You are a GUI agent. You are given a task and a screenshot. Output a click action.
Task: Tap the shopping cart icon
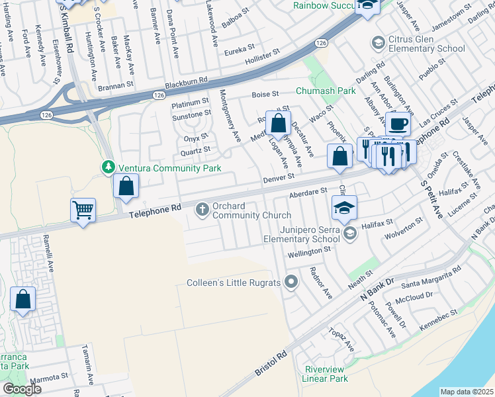[x=83, y=211]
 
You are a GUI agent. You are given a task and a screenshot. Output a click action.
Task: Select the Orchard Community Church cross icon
[x=203, y=210]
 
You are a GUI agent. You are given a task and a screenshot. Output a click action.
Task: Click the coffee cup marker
[x=398, y=124]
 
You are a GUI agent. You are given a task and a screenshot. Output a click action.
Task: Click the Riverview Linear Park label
[x=325, y=374]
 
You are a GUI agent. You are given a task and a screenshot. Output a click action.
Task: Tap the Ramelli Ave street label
[x=50, y=257]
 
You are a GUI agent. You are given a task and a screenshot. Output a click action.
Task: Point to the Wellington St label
[x=309, y=252]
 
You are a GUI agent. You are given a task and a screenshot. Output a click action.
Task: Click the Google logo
[x=22, y=389]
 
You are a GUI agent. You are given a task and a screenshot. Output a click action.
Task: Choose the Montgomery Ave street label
[x=230, y=116]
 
